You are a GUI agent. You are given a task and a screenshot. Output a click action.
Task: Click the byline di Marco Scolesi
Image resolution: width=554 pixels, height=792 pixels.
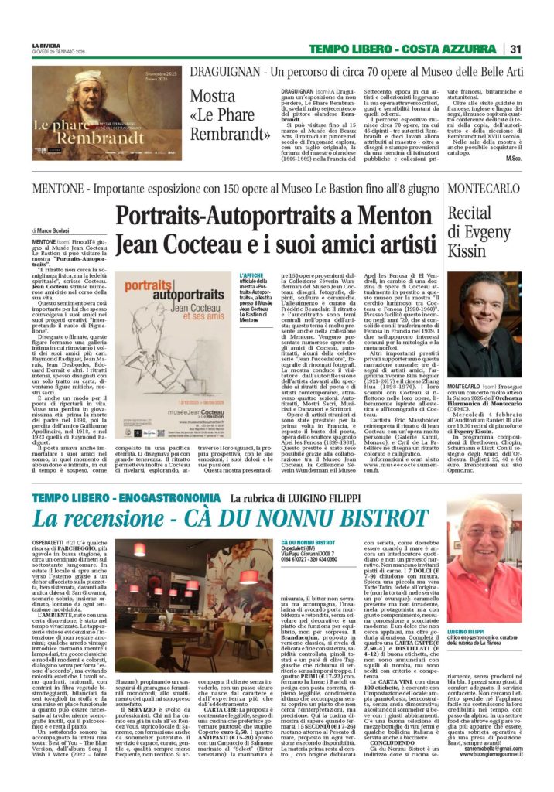click(52, 230)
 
